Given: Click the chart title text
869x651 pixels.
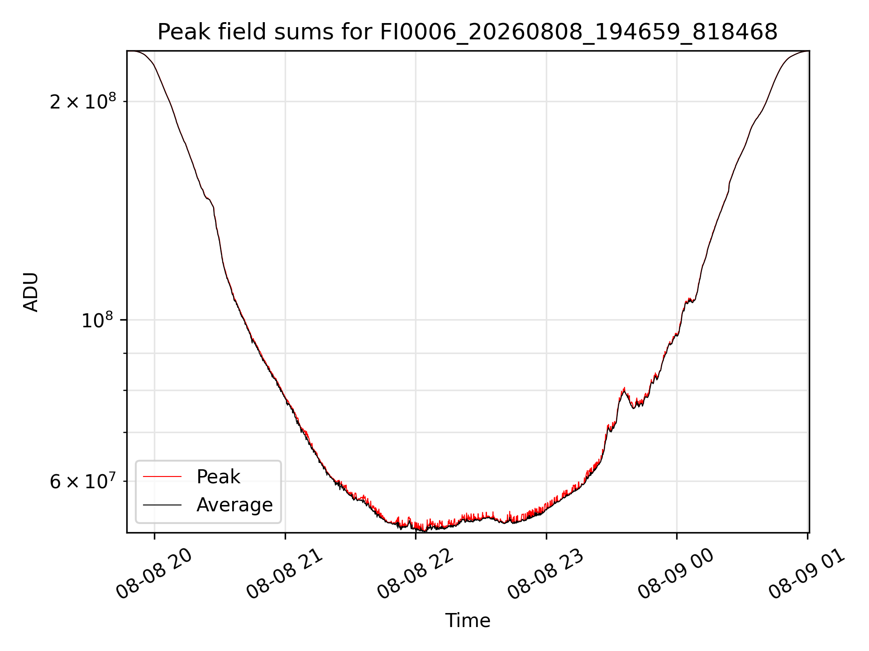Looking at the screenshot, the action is click(x=468, y=32).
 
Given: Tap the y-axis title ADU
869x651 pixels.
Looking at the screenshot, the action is click(x=31, y=292).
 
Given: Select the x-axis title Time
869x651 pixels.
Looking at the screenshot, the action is click(x=468, y=621).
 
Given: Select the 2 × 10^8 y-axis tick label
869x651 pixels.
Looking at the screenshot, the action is click(x=83, y=101).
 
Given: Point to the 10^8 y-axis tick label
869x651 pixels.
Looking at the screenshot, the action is click(x=97, y=320).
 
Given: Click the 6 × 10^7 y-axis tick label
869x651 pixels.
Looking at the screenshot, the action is click(x=83, y=481).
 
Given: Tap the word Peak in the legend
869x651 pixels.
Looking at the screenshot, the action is click(x=218, y=477).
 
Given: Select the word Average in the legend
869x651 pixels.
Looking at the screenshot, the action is click(x=234, y=505).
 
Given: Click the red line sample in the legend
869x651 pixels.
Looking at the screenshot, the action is click(x=162, y=476).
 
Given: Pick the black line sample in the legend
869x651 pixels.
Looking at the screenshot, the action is click(x=162, y=505).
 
